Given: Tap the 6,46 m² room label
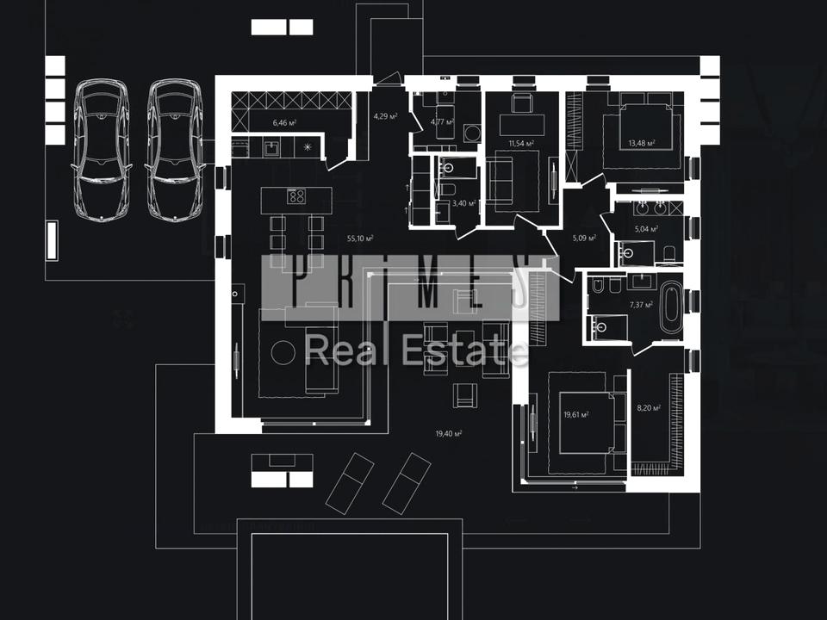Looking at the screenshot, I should pyautogui.click(x=284, y=123).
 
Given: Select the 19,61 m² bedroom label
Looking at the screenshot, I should pyautogui.click(x=575, y=415).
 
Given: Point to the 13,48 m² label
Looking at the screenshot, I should pyautogui.click(x=642, y=144).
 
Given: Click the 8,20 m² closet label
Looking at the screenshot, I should pyautogui.click(x=648, y=409).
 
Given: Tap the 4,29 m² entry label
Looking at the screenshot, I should pyautogui.click(x=384, y=115).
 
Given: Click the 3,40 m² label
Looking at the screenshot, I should pyautogui.click(x=464, y=203).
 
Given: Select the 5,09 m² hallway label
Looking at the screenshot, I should pyautogui.click(x=584, y=239).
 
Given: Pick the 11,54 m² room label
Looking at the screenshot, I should pyautogui.click(x=521, y=144).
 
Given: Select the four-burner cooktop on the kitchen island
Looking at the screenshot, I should pyautogui.click(x=296, y=196).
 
